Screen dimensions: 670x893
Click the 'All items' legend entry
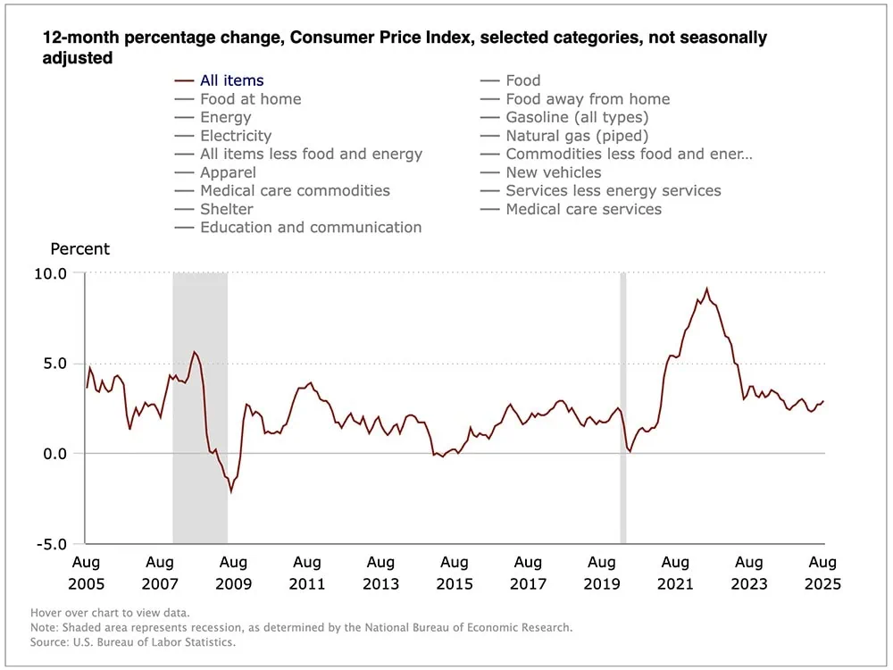coord(231,80)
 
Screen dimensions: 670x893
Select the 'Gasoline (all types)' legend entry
coord(576,117)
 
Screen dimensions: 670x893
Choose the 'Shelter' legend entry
coord(226,209)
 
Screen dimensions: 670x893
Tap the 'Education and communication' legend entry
coord(310,227)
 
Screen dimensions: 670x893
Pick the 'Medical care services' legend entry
coord(583,209)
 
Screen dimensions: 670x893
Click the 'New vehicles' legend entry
coord(553,172)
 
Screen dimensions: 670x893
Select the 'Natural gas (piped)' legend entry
coord(576,136)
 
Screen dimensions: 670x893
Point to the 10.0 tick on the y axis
coord(50,273)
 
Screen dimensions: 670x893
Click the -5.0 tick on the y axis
coord(50,543)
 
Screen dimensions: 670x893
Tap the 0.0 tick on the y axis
coord(54,454)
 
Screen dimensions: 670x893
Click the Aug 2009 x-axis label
coord(233,573)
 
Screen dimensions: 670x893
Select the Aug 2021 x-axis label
coord(675,573)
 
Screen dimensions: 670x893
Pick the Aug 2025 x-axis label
coord(822,573)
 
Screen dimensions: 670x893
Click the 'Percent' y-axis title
coord(79,249)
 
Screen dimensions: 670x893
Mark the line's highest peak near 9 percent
coord(707,289)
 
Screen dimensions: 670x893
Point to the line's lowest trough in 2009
coord(231,491)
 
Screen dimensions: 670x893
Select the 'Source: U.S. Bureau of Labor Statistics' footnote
coord(133,641)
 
